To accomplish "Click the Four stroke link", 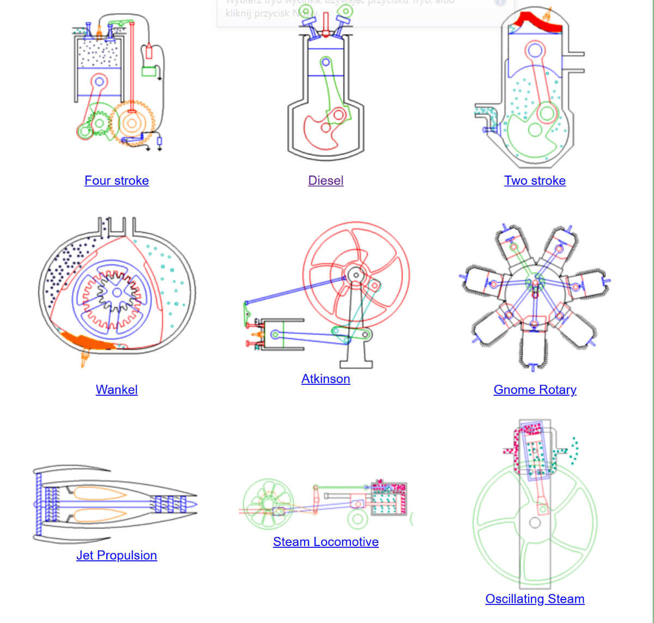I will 117,180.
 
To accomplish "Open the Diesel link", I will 325,180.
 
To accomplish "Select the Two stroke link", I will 535,180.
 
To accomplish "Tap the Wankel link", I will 117,390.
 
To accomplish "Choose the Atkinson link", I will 325,379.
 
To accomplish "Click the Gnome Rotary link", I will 535,390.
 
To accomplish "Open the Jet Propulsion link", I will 117,555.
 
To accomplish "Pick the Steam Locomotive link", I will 325,542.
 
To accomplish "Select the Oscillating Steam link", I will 535,599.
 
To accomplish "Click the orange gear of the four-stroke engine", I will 131,122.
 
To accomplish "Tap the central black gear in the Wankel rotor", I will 116,293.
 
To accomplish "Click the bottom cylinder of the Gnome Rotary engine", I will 533,349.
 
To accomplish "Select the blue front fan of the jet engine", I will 39,504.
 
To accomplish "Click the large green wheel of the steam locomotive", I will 268,503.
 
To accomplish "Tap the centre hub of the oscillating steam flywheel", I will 535,523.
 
